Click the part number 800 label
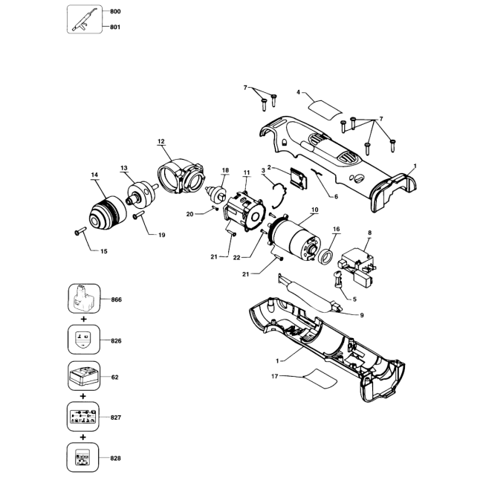(115, 12)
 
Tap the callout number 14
(94, 175)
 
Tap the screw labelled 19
(139, 215)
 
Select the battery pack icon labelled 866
(84, 299)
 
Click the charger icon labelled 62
(84, 376)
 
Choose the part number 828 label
(115, 458)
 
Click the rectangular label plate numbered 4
(325, 109)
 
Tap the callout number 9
(362, 315)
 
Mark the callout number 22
(236, 258)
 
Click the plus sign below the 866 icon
(83, 319)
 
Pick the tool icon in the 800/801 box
(85, 19)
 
